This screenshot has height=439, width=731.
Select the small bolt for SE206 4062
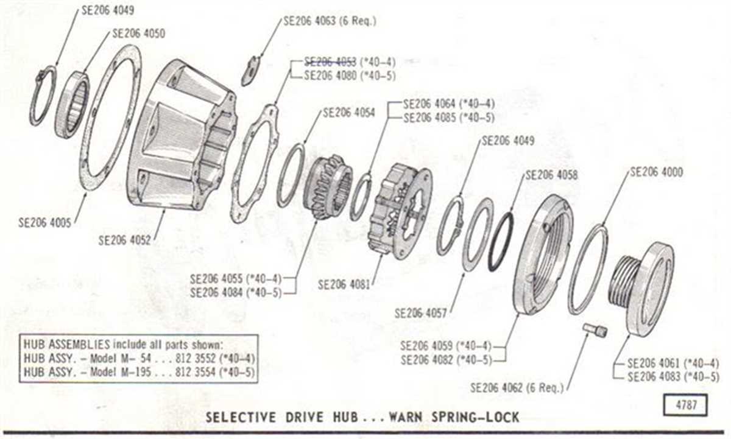pos(595,331)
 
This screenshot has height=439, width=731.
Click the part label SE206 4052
pos(125,241)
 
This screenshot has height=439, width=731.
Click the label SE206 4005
pos(44,222)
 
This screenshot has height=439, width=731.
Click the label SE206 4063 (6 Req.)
pos(330,20)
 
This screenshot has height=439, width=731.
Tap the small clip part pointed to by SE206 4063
pos(250,72)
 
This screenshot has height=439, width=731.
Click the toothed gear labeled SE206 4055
pos(328,186)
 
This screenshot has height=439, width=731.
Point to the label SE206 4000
pos(656,172)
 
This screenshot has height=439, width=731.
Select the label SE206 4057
pos(421,314)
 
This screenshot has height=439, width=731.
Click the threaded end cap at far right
pos(646,286)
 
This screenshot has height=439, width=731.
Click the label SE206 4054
pos(349,113)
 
